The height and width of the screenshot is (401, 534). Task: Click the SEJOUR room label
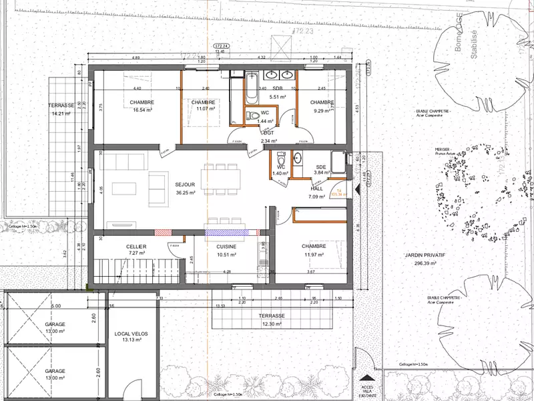[185, 184]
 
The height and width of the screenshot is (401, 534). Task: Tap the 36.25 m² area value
[185, 192]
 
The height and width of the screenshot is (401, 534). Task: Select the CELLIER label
[136, 247]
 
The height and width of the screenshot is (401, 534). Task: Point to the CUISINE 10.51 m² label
[226, 250]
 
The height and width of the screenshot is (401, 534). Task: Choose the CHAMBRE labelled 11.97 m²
[313, 250]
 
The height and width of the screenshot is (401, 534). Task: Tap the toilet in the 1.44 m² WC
[254, 116]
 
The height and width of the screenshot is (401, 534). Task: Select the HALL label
[316, 188]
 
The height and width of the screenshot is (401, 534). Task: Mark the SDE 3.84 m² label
[321, 170]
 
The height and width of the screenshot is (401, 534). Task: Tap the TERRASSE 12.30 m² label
[272, 319]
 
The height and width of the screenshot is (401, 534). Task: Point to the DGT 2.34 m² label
[268, 138]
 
